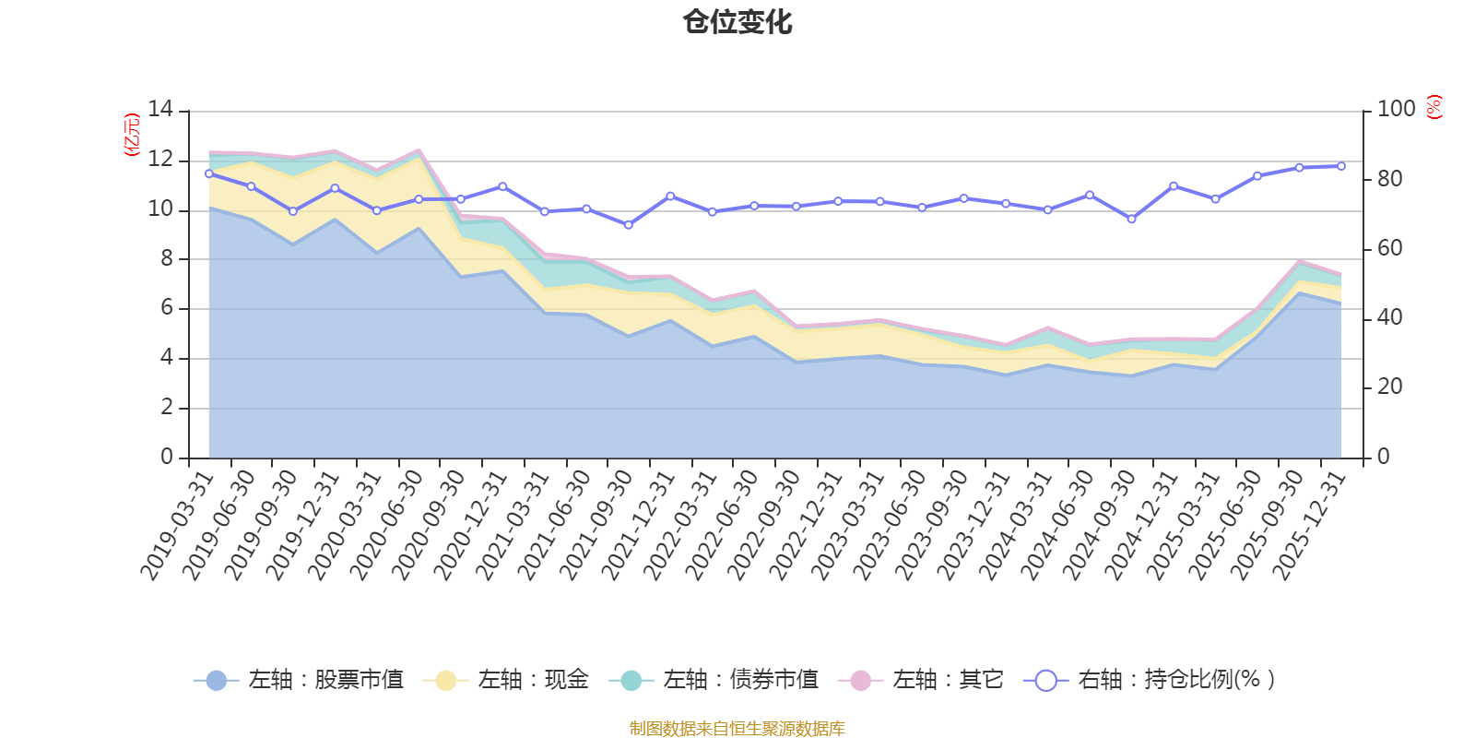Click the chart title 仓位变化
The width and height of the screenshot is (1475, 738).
737,22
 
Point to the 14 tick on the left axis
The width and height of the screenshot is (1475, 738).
160,110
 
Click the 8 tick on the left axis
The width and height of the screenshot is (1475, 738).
167,258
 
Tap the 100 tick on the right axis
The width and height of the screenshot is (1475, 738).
1396,110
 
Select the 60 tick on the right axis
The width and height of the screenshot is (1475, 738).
1389,248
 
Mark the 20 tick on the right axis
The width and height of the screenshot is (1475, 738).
1389,387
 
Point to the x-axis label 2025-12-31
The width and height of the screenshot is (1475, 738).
1310,526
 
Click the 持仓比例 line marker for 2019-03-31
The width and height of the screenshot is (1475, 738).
209,173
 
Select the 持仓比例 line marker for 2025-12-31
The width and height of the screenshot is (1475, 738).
1340,166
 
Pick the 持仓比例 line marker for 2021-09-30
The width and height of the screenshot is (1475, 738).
629,225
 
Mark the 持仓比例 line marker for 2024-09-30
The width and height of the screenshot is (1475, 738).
1131,219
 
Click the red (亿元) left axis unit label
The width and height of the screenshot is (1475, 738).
132,135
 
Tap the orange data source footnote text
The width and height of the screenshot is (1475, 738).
737,729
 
